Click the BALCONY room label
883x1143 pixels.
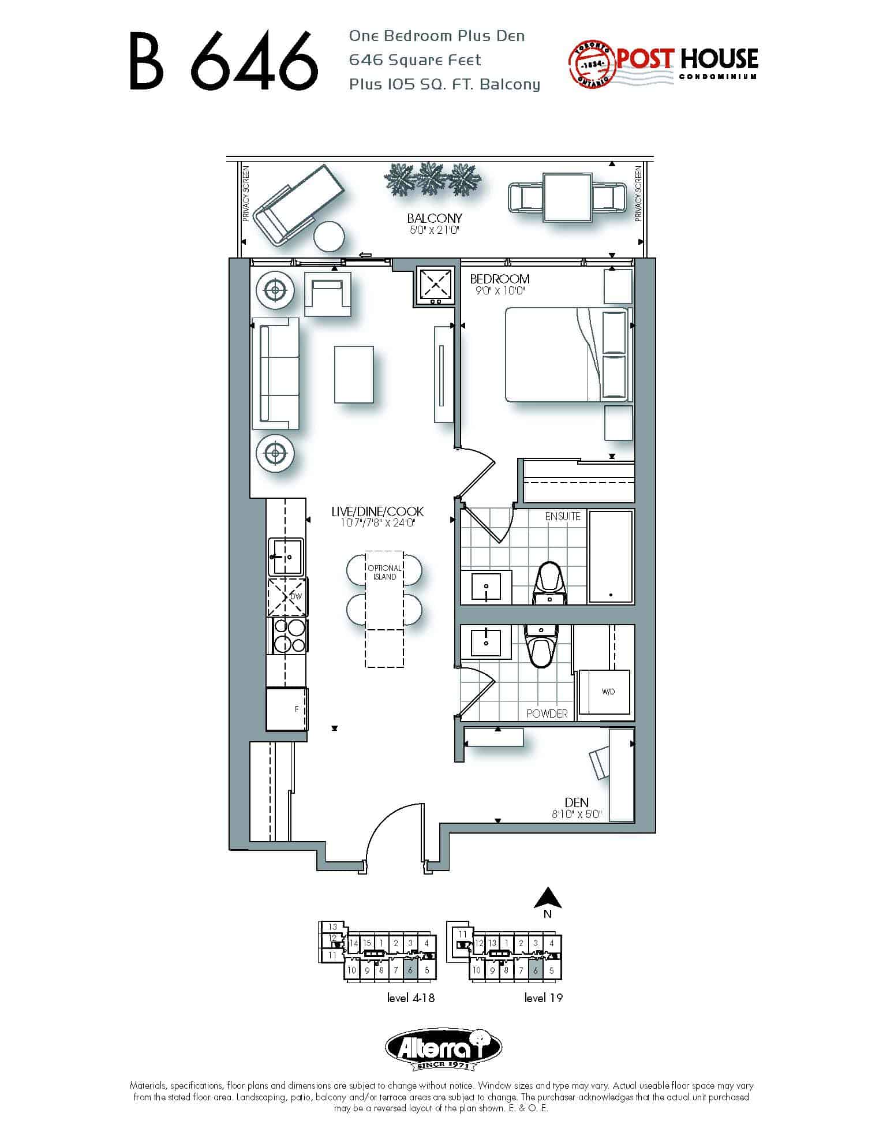tap(435, 218)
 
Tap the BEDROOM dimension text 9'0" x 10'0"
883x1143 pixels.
tap(499, 291)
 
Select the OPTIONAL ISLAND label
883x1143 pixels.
tap(384, 572)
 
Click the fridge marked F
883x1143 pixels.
tap(286, 709)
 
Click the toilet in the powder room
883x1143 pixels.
tap(541, 645)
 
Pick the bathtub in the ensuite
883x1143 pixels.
tap(611, 556)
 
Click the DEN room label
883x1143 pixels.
tap(577, 802)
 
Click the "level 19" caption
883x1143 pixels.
tap(543, 998)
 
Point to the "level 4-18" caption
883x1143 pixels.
tap(411, 998)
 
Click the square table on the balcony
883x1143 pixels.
tap(567, 197)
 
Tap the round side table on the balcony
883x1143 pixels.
tap(329, 237)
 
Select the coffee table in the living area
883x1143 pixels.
tap(354, 374)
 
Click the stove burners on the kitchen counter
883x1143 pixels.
tap(289, 636)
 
